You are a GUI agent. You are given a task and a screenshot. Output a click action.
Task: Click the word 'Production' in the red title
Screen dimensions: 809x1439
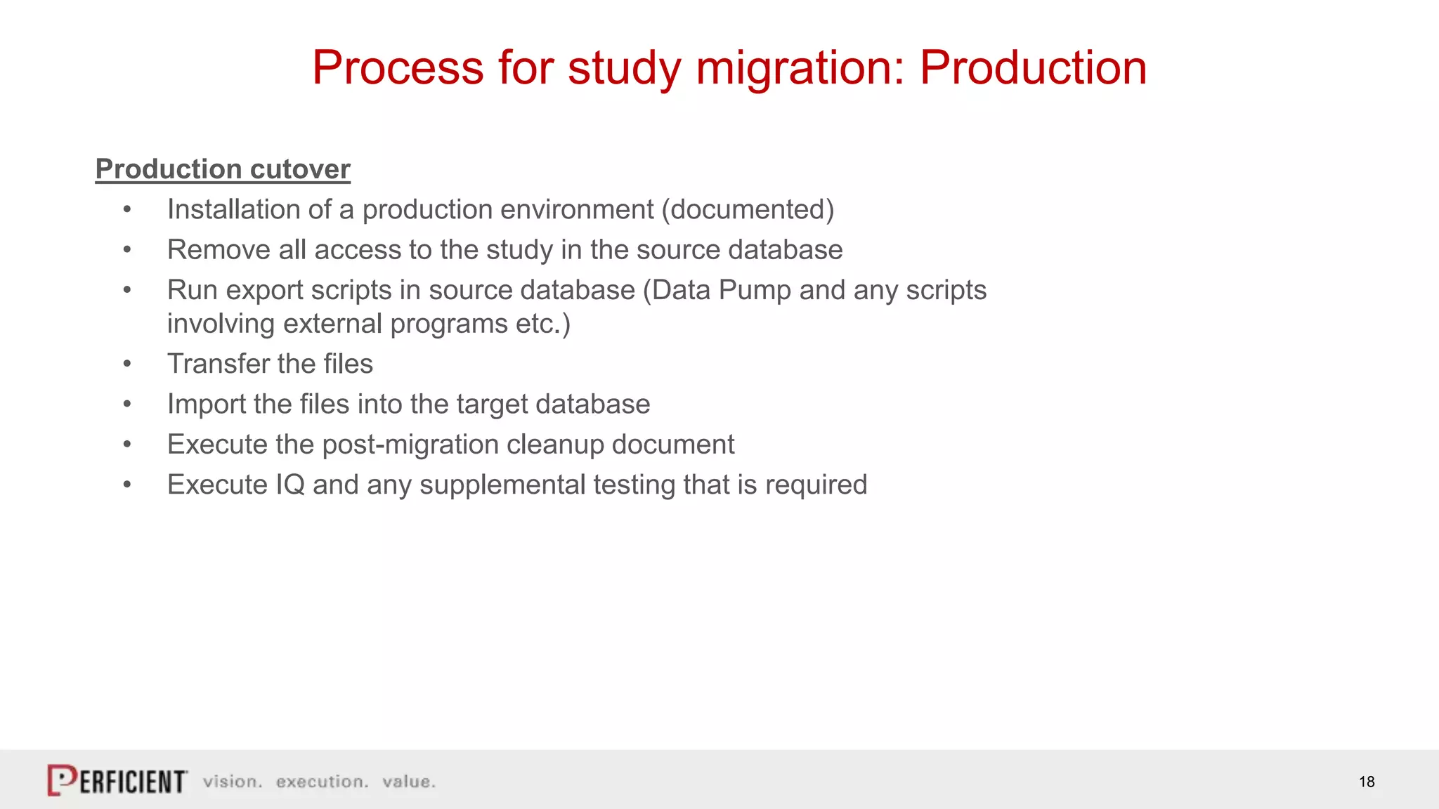point(1033,68)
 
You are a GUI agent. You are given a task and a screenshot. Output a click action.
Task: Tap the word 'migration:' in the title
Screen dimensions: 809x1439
point(800,68)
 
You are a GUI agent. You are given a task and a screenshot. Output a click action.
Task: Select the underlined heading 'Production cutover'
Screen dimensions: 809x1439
point(223,169)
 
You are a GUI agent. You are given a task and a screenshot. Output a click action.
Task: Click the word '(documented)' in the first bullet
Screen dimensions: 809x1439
point(748,210)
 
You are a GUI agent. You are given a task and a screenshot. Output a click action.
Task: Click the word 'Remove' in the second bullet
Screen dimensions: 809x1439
point(219,250)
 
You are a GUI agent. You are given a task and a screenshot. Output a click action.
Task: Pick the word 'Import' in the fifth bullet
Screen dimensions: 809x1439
point(206,404)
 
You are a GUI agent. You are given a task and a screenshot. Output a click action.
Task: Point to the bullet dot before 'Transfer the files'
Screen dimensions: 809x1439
point(127,364)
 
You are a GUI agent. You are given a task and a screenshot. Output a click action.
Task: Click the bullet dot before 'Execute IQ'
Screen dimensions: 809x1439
point(127,485)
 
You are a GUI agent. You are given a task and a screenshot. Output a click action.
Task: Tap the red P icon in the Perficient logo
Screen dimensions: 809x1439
point(62,780)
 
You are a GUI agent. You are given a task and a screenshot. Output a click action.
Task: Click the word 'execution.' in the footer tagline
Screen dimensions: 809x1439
point(322,782)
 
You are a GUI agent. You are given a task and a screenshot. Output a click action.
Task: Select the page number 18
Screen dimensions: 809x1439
point(1366,782)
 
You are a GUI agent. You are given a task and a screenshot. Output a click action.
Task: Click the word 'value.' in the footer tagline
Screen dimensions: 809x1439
point(409,782)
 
